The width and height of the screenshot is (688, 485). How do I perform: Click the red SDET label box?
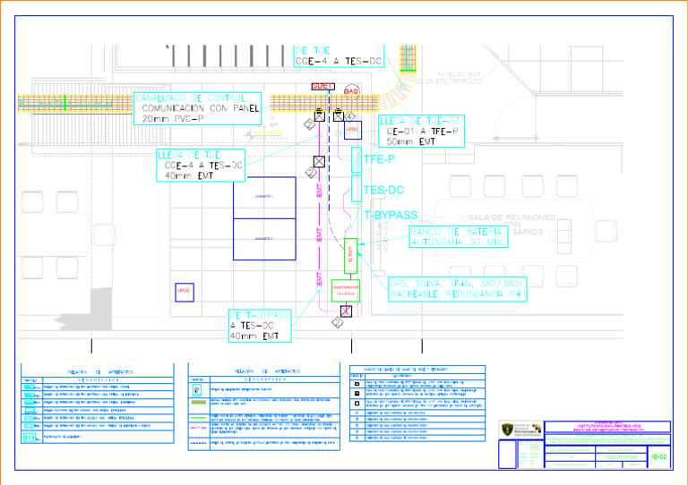tap(322, 86)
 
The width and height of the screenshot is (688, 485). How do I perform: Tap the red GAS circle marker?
tap(351, 91)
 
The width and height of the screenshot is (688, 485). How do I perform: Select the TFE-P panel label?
tap(379, 160)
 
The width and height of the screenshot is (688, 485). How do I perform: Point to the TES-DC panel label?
tap(383, 190)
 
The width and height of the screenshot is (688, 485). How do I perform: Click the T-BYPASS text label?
tap(391, 216)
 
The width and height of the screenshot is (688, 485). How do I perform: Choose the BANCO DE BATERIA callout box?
tap(458, 236)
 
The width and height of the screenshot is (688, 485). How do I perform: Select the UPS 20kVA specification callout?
tap(462, 288)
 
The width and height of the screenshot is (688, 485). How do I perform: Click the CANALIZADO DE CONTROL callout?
tap(197, 108)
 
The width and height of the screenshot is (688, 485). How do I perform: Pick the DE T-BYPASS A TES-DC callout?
tap(260, 326)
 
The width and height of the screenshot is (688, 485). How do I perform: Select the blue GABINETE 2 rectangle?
tap(264, 239)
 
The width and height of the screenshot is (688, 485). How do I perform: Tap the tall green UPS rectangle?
tap(351, 256)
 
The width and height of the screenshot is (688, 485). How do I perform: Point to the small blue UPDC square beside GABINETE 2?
tap(185, 292)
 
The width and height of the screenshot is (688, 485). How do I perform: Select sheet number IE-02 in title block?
tap(658, 457)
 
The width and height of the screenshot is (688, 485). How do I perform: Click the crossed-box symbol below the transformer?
tap(346, 311)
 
